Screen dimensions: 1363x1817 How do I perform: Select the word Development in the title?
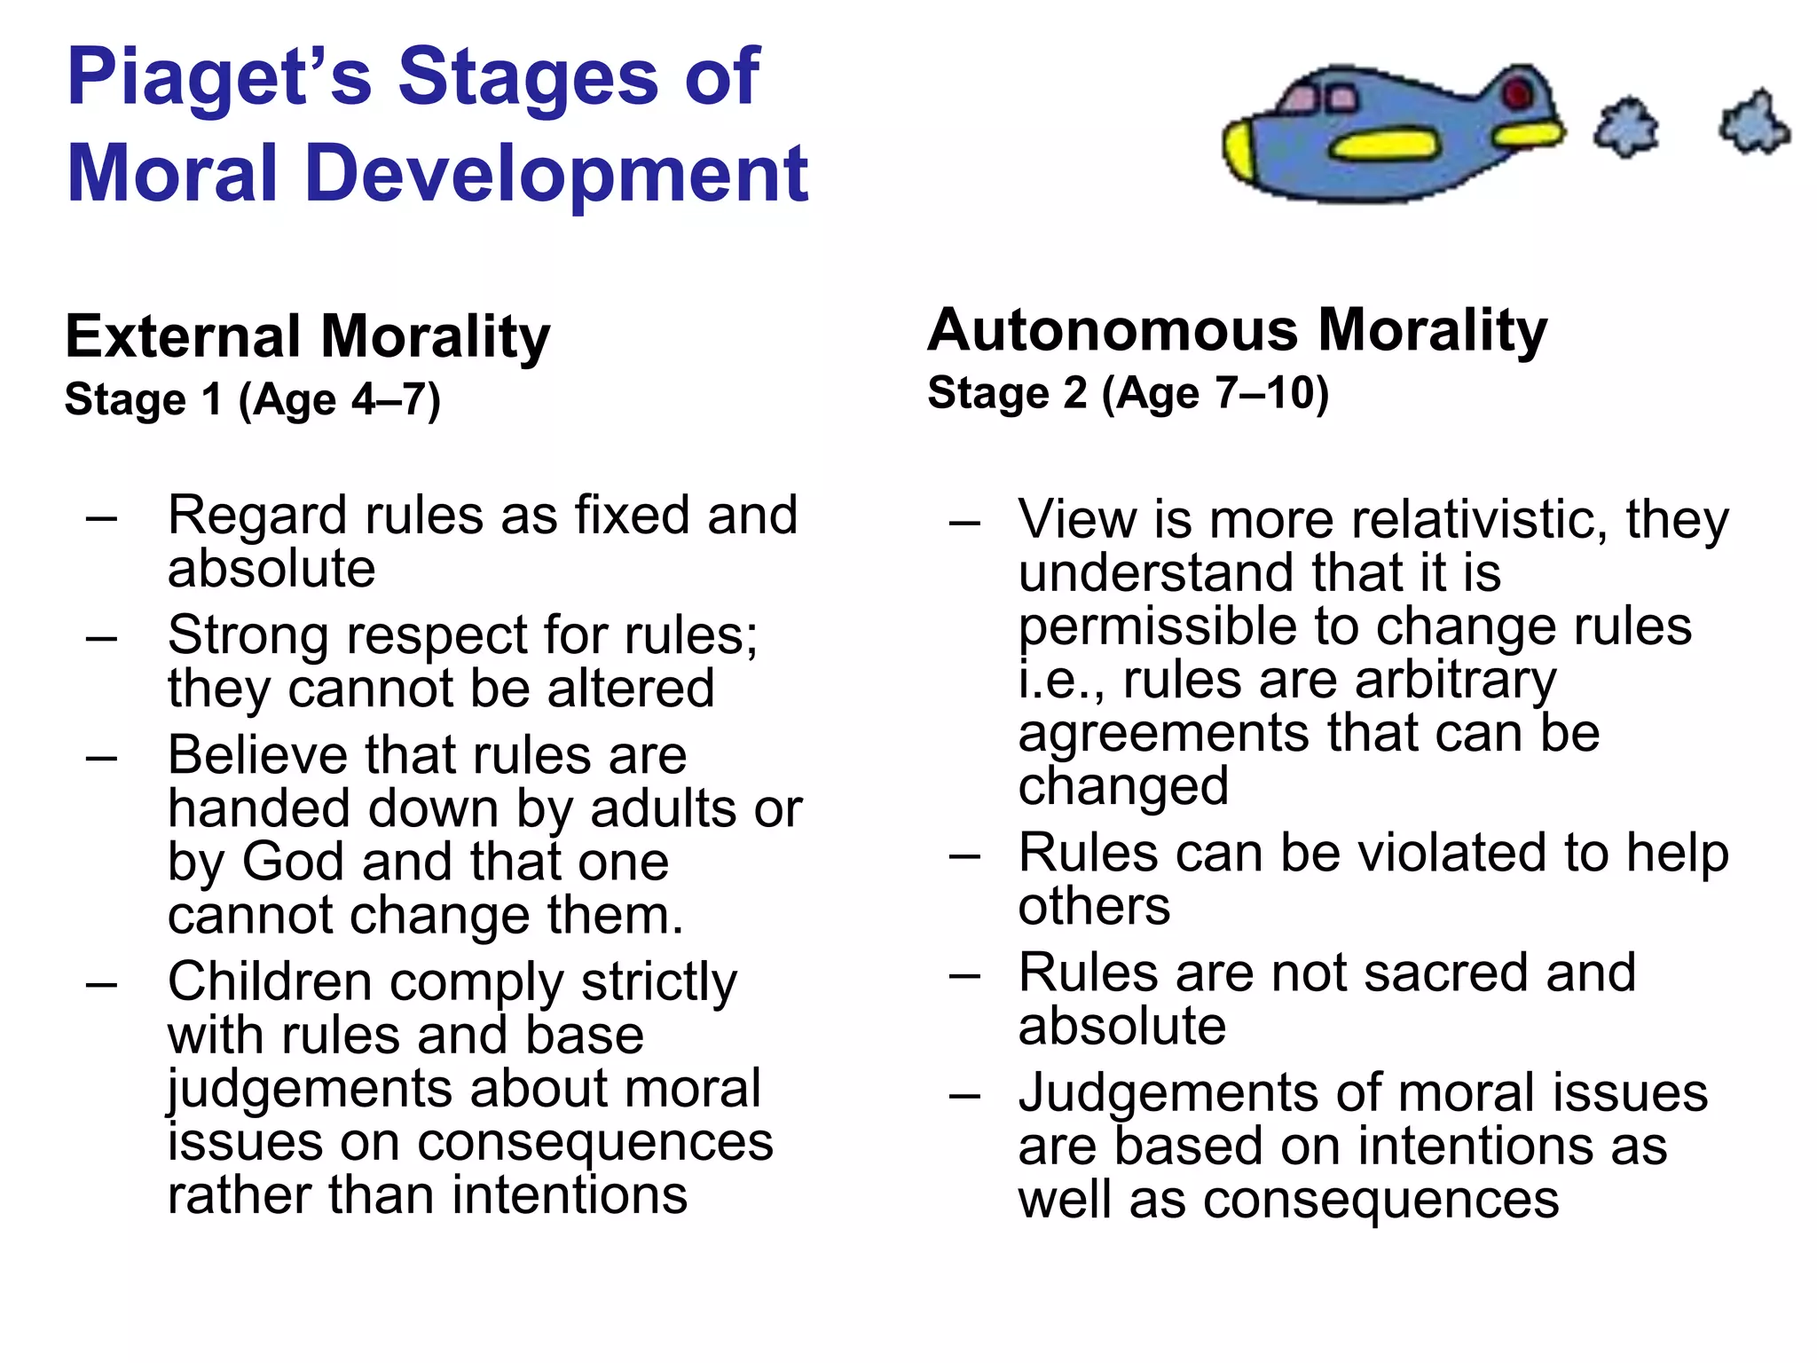click(x=556, y=174)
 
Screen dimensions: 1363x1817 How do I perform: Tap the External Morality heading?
click(x=308, y=337)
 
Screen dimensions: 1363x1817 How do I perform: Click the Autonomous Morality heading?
click(x=1237, y=331)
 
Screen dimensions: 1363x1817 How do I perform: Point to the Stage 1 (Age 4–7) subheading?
click(x=253, y=399)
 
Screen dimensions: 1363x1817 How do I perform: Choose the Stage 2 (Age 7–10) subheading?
click(x=1128, y=393)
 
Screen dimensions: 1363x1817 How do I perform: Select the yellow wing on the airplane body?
click(x=1385, y=145)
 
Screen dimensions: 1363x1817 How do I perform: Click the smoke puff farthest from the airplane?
click(x=1754, y=123)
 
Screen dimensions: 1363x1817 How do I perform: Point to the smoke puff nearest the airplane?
click(x=1625, y=128)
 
